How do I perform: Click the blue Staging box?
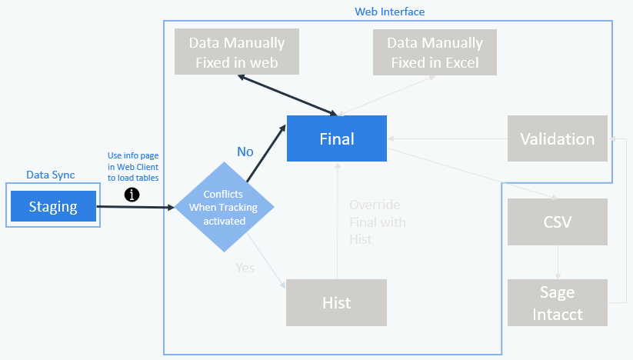click(53, 206)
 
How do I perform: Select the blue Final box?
click(337, 138)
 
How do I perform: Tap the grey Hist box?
click(336, 302)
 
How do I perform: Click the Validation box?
click(557, 138)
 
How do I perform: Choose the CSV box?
click(557, 222)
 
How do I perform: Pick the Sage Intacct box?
click(557, 302)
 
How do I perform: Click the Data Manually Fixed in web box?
click(236, 52)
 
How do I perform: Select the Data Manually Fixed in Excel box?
click(435, 52)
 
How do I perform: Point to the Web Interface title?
click(389, 12)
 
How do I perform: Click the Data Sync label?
click(51, 175)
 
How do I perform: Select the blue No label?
click(245, 152)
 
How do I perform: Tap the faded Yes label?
click(245, 268)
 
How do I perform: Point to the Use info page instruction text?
click(134, 168)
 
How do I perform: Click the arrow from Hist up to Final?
click(336, 223)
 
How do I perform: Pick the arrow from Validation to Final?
click(446, 139)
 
